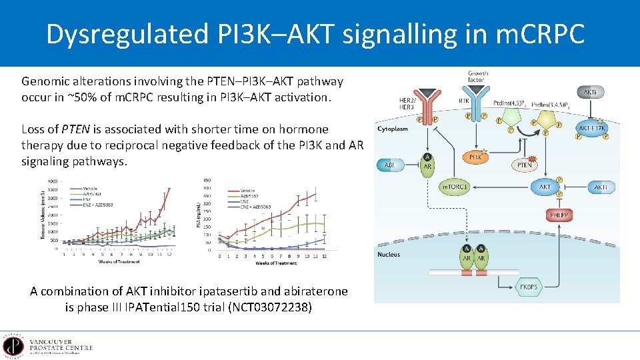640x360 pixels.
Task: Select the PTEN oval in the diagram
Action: tap(525, 164)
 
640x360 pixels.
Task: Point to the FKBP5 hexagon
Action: tap(530, 287)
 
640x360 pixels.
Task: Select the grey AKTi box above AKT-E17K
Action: tap(590, 92)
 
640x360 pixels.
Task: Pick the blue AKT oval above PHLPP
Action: tap(545, 187)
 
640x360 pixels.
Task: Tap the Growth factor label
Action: tap(477, 77)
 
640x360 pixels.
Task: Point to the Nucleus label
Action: tap(389, 255)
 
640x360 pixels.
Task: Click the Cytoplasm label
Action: tap(393, 128)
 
